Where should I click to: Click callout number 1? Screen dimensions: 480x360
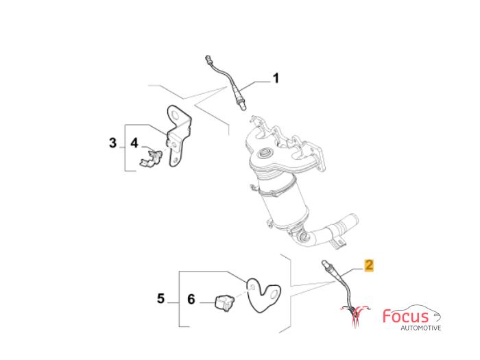(x=276, y=78)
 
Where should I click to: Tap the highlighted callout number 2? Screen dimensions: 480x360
(x=369, y=265)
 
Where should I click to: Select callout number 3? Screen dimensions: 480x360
(x=113, y=143)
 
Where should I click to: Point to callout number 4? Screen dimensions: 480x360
(x=134, y=143)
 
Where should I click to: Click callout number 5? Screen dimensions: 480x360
(x=160, y=298)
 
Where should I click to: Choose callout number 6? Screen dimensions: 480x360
(x=191, y=299)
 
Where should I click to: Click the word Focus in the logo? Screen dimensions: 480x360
(x=405, y=316)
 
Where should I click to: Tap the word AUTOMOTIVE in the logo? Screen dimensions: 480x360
(x=421, y=328)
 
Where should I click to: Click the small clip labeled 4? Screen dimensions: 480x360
(x=151, y=158)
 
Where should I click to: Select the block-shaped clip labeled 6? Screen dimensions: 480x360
(x=225, y=303)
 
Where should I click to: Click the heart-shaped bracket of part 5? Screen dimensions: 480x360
(x=263, y=294)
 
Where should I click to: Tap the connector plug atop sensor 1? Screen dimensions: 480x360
(x=208, y=59)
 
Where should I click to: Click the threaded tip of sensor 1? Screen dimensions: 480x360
(x=243, y=106)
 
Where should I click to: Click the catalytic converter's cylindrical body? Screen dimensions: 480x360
(x=281, y=202)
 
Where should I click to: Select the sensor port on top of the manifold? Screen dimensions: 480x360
(x=265, y=153)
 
